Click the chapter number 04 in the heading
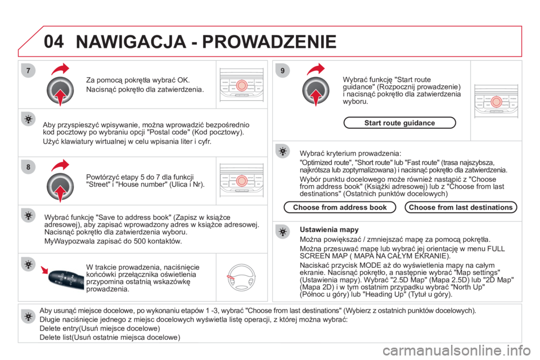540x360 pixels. pos(54,41)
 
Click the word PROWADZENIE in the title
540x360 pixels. pos(269,42)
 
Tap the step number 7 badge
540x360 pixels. pos(28,71)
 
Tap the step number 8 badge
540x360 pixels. pos(28,167)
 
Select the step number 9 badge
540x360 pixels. pos(282,71)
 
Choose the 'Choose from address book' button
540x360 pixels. pos(340,208)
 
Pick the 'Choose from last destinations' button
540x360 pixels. pos(461,208)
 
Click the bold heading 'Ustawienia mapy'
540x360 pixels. pos(329,229)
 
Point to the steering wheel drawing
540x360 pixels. pos(241,277)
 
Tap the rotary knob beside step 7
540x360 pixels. pos(60,90)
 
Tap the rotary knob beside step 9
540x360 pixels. pos(316,90)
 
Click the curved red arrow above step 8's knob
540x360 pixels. pos(60,165)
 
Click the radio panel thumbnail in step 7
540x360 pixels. pos(241,85)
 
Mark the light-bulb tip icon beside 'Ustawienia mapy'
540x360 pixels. pos(282,232)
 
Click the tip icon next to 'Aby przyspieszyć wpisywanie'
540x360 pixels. pos(28,119)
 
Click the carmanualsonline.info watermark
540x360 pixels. pos(457,351)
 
